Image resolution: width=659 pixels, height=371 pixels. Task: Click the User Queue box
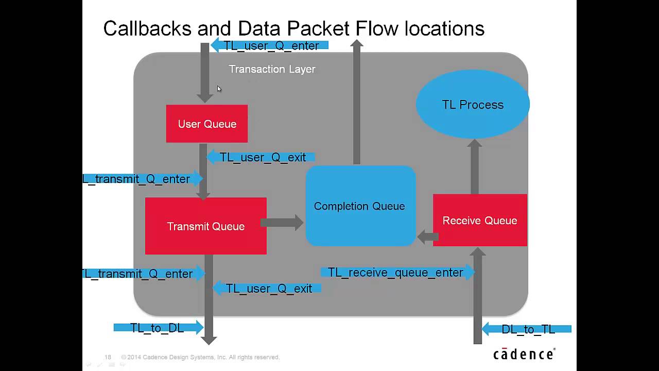pyautogui.click(x=207, y=124)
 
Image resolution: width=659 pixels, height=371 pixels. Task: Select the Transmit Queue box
pyautogui.click(x=206, y=226)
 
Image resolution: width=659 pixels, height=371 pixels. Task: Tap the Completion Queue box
pyautogui.click(x=361, y=206)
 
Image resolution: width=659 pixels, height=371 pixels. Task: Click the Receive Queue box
pyautogui.click(x=480, y=220)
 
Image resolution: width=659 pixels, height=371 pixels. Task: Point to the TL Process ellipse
pyautogui.click(x=473, y=104)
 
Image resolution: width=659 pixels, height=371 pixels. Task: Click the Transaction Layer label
pyautogui.click(x=272, y=69)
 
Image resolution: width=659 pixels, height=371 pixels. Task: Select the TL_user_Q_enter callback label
pyautogui.click(x=271, y=46)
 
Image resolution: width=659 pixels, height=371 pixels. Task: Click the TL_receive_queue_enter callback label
pyautogui.click(x=395, y=273)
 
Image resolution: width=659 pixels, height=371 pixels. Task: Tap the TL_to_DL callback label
pyautogui.click(x=157, y=328)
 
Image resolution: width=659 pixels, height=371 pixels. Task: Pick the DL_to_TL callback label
pyautogui.click(x=528, y=329)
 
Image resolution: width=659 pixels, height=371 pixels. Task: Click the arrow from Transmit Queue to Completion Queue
pyautogui.click(x=282, y=223)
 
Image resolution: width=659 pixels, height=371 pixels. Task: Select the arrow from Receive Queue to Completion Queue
pyautogui.click(x=428, y=237)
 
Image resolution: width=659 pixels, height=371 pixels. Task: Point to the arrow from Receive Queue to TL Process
pyautogui.click(x=475, y=166)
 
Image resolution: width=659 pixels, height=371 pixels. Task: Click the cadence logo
pyautogui.click(x=524, y=354)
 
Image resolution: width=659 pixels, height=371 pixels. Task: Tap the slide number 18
pyautogui.click(x=108, y=357)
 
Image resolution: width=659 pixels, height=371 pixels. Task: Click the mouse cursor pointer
pyautogui.click(x=219, y=89)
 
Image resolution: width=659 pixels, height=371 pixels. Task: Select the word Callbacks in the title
pyautogui.click(x=147, y=28)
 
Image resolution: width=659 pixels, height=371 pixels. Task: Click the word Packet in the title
pyautogui.click(x=318, y=28)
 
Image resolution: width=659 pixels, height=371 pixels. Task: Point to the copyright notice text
pyautogui.click(x=200, y=357)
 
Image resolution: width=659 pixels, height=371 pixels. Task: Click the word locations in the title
pyautogui.click(x=444, y=28)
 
